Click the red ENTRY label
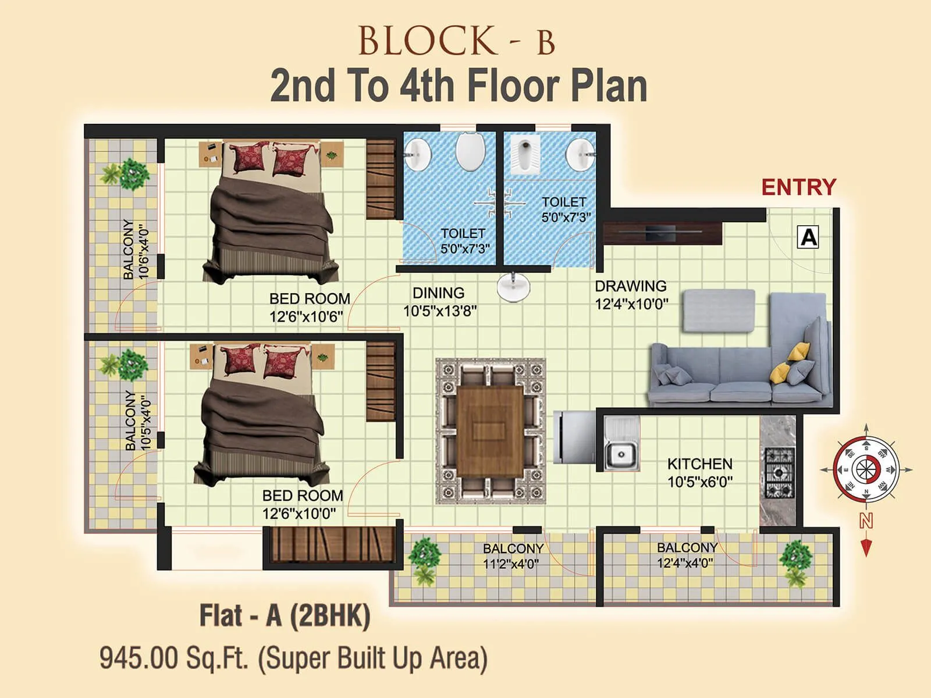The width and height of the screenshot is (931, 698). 798,187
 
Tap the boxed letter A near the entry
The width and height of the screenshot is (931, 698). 809,237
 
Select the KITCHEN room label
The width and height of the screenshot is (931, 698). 699,464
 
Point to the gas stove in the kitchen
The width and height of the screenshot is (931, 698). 779,472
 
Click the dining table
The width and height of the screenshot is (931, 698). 490,430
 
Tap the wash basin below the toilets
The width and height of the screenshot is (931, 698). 514,288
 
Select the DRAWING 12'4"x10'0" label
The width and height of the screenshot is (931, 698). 631,295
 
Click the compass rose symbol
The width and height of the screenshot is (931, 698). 866,468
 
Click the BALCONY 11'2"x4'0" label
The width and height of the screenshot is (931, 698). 513,556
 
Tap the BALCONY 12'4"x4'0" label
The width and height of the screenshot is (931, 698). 687,555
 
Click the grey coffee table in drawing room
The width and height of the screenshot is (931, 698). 719,311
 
